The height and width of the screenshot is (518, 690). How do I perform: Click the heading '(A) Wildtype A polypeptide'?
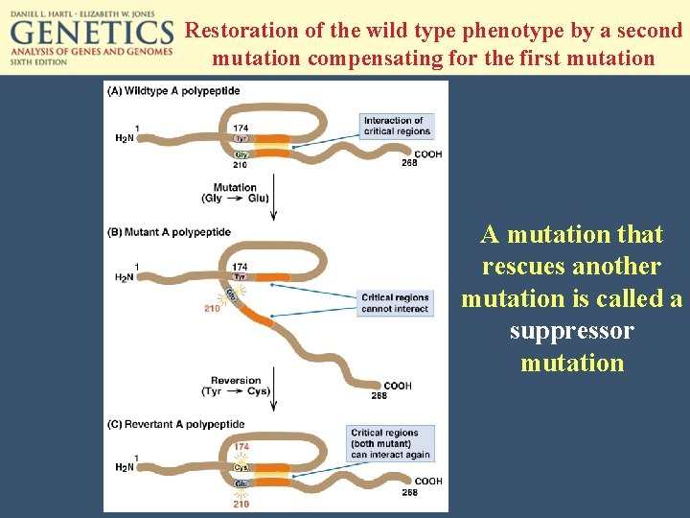coord(174,91)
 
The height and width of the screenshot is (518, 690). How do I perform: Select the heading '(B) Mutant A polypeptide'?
coord(170,232)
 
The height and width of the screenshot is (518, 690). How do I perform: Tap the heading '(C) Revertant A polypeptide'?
coord(177,424)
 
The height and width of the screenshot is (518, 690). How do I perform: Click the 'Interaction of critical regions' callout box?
coord(397,126)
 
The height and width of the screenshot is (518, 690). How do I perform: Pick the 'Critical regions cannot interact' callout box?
coord(395,303)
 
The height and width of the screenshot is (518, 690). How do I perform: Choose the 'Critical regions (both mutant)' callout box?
coord(391,443)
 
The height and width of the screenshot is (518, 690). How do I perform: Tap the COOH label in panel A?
coord(427,154)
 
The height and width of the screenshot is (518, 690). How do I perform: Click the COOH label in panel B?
coord(398,386)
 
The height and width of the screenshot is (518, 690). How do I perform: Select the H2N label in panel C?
coord(125,467)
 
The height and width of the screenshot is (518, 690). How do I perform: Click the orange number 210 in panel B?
coord(213,309)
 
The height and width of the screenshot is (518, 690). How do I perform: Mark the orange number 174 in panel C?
coord(241,447)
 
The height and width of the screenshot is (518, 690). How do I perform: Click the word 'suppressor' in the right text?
coord(572,331)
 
